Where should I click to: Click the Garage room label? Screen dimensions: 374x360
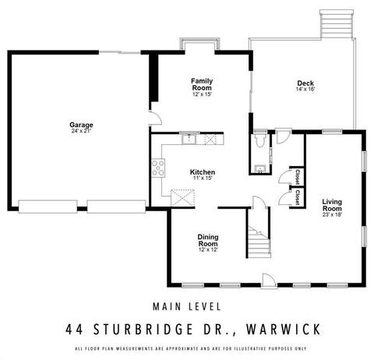[x=81, y=125]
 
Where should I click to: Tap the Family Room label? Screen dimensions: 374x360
[x=202, y=84]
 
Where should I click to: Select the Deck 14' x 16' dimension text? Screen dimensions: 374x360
[x=305, y=90]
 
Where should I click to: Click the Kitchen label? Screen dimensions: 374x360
[x=203, y=172]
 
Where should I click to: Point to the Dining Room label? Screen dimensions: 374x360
[x=208, y=240]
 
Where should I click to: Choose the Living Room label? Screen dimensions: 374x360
[x=332, y=205]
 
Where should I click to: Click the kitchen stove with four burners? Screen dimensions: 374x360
[x=158, y=168]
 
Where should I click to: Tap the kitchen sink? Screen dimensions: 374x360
[x=189, y=138]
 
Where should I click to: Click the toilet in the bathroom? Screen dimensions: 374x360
[x=259, y=139]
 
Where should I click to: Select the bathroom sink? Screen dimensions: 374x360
[x=259, y=169]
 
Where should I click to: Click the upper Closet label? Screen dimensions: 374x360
[x=298, y=177]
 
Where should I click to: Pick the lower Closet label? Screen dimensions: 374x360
[x=298, y=197]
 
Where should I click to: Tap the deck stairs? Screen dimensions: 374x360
[x=337, y=24]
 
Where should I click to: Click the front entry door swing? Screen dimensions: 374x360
[x=268, y=281]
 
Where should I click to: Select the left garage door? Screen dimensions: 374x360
[x=48, y=206]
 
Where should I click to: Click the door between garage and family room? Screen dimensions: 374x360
[x=155, y=118]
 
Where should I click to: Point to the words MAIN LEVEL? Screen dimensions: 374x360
[x=187, y=306]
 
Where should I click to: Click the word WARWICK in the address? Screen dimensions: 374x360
[x=284, y=330]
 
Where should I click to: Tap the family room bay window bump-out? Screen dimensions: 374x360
[x=200, y=43]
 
